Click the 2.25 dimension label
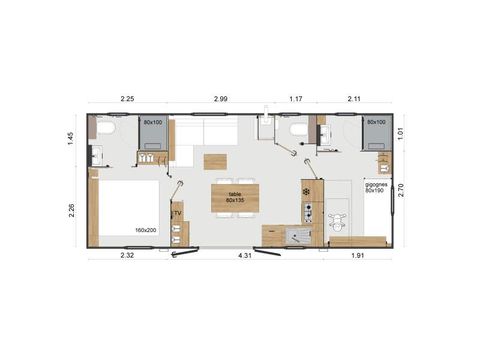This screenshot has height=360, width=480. pos(127,99)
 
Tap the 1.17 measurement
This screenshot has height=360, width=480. pos(296,99)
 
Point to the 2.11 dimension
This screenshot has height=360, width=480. pos(354,99)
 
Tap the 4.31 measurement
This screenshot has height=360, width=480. pos(244,257)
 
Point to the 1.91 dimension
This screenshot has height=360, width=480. pos(357,257)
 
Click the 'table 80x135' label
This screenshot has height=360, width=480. pos(235,197)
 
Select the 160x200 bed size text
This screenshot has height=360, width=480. pos(145,229)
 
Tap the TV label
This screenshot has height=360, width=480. pos(177,213)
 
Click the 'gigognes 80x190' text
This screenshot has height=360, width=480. pos(376,188)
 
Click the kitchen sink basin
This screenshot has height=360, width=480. pos(298,236)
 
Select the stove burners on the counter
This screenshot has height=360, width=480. pos(308,211)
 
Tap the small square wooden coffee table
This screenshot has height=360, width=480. pos(214,160)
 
